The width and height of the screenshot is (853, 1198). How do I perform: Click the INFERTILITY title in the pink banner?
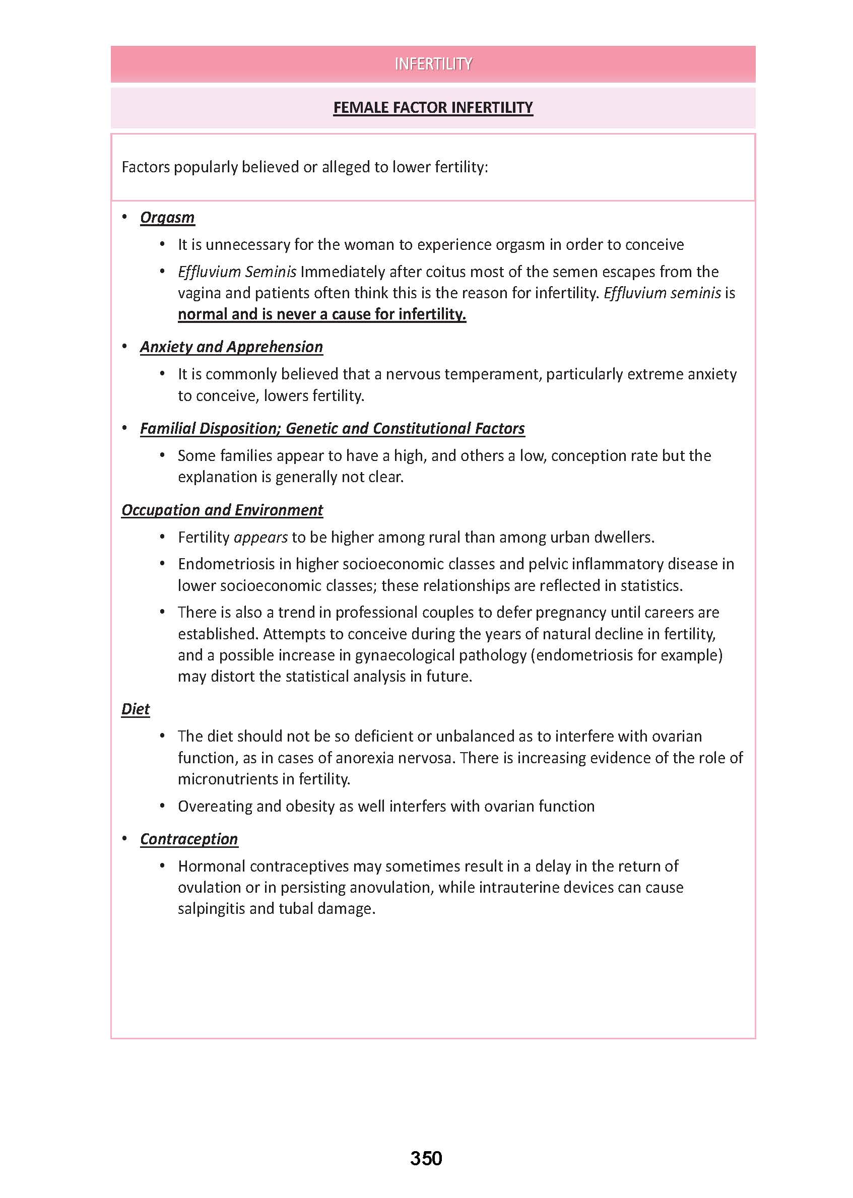tap(433, 64)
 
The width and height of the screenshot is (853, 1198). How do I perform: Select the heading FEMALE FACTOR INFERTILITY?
tap(433, 108)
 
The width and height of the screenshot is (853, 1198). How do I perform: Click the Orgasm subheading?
tap(167, 218)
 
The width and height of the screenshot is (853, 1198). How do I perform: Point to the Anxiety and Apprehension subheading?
tap(231, 347)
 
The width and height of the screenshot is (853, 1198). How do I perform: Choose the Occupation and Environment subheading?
tap(222, 510)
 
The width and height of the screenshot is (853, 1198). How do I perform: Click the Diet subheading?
tap(136, 709)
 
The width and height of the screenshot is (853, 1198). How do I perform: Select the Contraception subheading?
tap(188, 839)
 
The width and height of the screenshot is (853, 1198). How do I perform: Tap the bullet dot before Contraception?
tap(125, 838)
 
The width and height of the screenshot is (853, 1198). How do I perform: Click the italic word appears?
tap(260, 538)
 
